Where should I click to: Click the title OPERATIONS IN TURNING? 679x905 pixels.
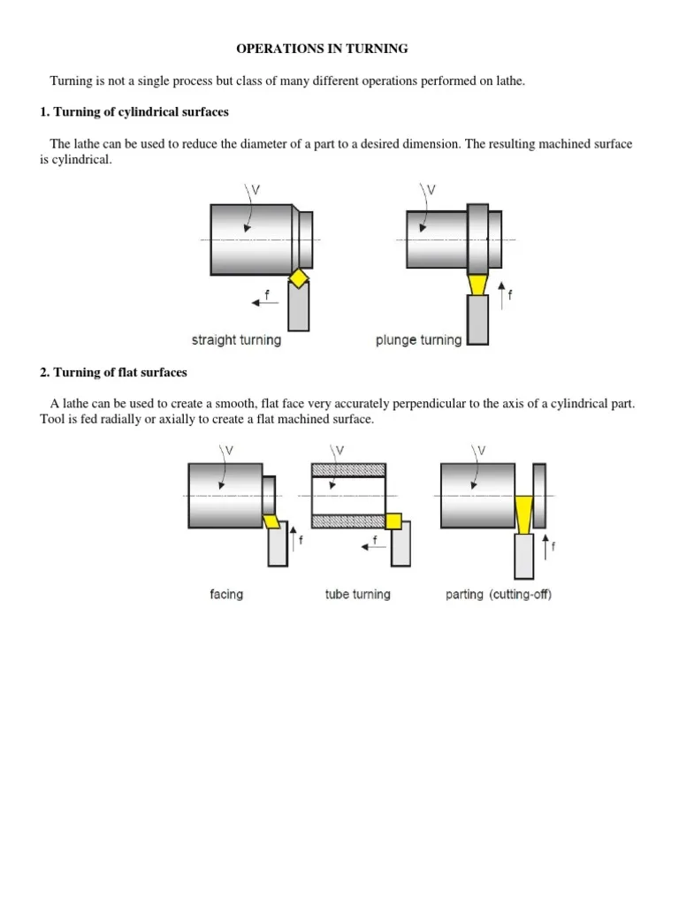[322, 49]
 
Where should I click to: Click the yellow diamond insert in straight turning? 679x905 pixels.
[299, 278]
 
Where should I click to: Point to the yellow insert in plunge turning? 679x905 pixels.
[477, 285]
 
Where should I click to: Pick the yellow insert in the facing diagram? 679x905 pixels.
[271, 521]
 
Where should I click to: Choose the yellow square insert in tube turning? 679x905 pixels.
[393, 521]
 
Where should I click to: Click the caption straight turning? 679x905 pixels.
[236, 340]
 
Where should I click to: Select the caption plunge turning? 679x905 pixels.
[418, 340]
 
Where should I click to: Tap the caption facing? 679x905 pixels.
[226, 595]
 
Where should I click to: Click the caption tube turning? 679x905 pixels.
[357, 595]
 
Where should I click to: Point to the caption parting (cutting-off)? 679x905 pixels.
[499, 595]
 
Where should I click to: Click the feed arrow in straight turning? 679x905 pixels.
[265, 302]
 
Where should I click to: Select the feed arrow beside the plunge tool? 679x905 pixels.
[501, 295]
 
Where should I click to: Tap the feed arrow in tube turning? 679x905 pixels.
[374, 546]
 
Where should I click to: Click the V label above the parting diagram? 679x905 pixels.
[482, 450]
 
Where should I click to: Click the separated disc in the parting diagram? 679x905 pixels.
[539, 496]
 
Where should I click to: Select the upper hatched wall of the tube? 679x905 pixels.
[348, 470]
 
